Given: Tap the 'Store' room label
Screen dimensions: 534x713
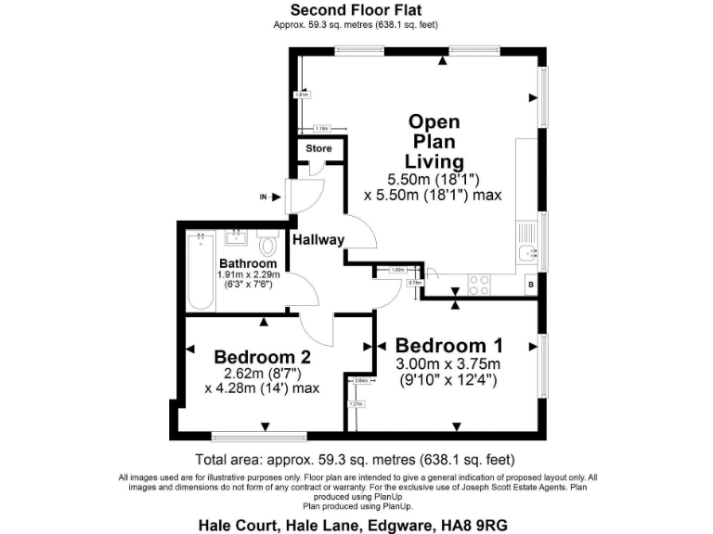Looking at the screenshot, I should coord(319,148).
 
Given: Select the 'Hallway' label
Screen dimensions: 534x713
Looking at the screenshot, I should coord(318,239).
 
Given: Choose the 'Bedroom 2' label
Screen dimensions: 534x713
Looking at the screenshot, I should coord(262,357).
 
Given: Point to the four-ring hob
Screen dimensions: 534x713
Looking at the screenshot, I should coord(481,285).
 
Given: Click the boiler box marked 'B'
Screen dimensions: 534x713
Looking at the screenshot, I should coord(530,286).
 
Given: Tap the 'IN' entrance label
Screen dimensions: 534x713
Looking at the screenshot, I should coord(263,197).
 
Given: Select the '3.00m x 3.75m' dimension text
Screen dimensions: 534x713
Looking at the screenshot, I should coord(447,363).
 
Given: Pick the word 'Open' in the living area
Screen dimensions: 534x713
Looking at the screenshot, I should coord(434,122).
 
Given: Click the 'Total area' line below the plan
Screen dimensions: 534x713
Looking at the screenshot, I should coord(355,460).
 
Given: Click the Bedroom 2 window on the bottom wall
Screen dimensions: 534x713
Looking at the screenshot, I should coord(240,436).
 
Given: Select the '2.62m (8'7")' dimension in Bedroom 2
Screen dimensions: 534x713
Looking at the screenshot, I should coord(262,374).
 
